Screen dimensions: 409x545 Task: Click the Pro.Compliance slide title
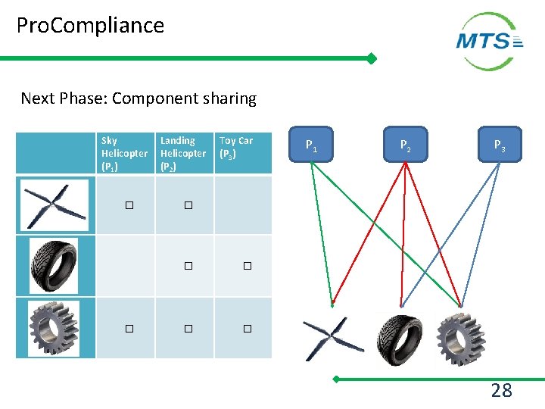[90, 26]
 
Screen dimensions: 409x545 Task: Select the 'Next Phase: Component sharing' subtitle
[139, 98]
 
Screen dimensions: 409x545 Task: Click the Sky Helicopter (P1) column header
[125, 153]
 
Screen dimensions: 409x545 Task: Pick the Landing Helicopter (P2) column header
[183, 153]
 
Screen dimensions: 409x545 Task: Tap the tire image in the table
[54, 265]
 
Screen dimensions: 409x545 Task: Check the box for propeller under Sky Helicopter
[129, 205]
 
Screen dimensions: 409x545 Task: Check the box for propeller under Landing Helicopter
[188, 205]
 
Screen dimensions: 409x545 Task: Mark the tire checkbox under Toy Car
[247, 266]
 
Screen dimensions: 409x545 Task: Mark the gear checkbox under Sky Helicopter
[129, 329]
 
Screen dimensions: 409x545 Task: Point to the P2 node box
[406, 145]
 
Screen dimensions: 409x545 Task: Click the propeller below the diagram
[334, 339]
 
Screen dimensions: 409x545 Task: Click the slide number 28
[501, 391]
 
